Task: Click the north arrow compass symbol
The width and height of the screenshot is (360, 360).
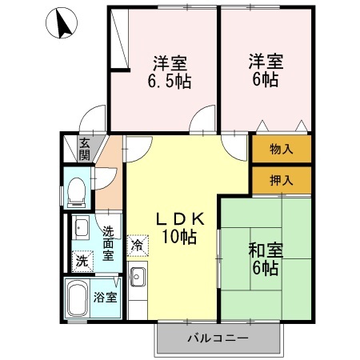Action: (x=62, y=23)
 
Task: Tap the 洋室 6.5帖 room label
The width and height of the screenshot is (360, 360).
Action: (x=170, y=72)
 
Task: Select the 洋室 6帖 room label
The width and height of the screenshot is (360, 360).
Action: (x=266, y=70)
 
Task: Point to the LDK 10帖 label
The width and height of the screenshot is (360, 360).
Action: (x=180, y=228)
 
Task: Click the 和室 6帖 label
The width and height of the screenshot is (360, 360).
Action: (x=266, y=258)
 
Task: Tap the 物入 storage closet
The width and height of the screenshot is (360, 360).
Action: (x=282, y=149)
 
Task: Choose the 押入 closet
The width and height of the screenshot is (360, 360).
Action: (x=282, y=181)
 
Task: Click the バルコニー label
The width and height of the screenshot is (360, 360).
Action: (x=218, y=338)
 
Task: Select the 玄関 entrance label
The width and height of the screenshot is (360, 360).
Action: (x=85, y=149)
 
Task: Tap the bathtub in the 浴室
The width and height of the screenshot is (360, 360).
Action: (x=78, y=298)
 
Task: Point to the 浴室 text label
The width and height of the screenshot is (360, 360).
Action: (x=106, y=297)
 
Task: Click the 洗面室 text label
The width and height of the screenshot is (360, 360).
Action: (x=108, y=243)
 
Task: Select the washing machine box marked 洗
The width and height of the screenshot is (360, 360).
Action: (x=82, y=262)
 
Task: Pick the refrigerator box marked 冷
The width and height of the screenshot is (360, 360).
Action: (x=138, y=246)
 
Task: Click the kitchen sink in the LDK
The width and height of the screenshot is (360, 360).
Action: (x=138, y=277)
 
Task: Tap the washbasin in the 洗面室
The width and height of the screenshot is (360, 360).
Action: (x=82, y=227)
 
